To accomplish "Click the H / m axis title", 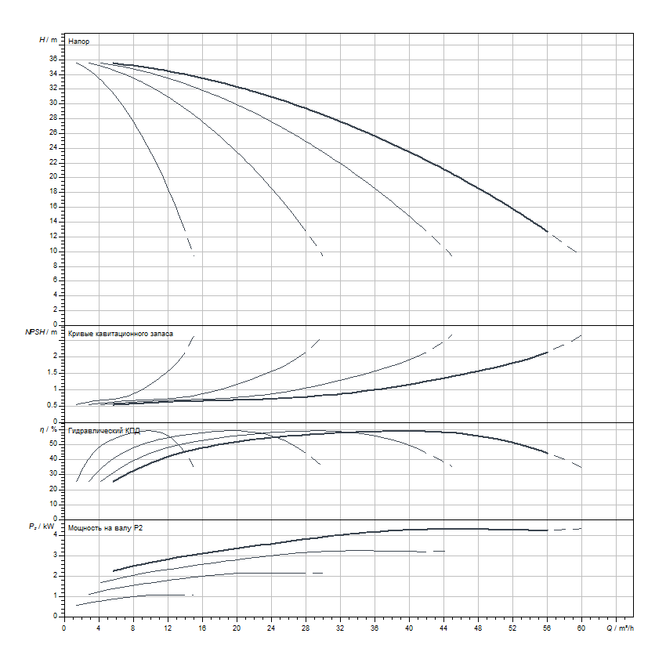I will (x=48, y=39).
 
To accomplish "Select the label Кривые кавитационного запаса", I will (x=121, y=333).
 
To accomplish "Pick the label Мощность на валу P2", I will (x=106, y=529).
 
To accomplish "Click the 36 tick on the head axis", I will (x=52, y=59).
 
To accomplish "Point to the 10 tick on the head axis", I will (x=52, y=251).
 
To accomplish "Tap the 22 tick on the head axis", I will (x=52, y=162).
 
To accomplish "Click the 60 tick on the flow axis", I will (x=581, y=627).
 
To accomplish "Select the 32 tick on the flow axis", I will (x=340, y=627).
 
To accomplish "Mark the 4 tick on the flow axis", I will (x=99, y=627).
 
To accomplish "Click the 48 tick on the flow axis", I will (x=478, y=627).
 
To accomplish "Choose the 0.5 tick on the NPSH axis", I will (x=51, y=405).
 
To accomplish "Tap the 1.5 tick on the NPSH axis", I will (x=51, y=372).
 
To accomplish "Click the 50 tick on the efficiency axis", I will (x=52, y=443).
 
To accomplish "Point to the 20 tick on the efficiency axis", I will (x=52, y=488).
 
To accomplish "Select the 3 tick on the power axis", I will (x=55, y=555).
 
